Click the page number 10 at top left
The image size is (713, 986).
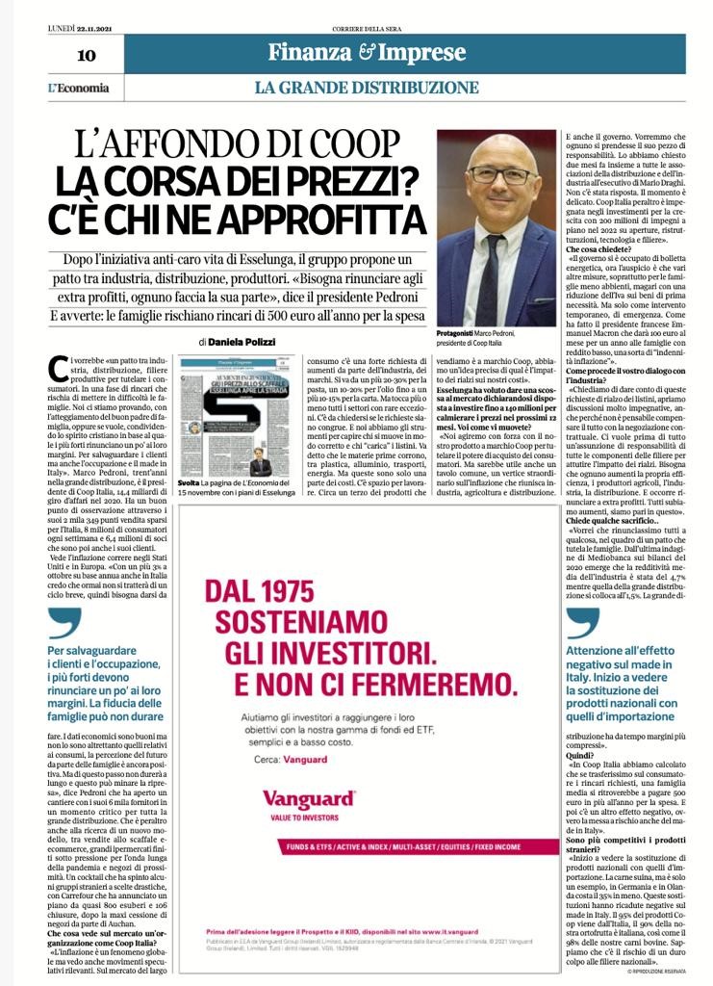pyautogui.click(x=86, y=55)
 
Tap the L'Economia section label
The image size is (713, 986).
pyautogui.click(x=79, y=88)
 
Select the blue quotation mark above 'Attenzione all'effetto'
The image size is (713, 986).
pyautogui.click(x=581, y=625)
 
